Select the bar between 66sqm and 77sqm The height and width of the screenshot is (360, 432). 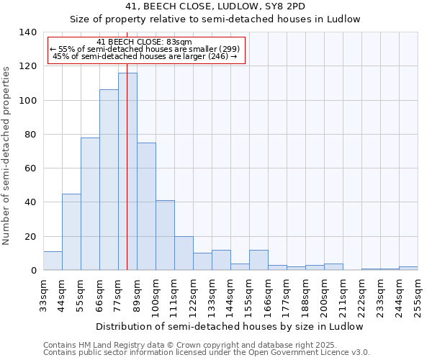[x=109, y=180]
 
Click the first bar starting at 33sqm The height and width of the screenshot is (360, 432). [x=53, y=261]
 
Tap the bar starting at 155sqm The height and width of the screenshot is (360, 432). [x=258, y=260]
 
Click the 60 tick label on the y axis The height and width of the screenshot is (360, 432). [x=30, y=168]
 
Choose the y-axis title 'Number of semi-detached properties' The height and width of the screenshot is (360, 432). [x=7, y=155]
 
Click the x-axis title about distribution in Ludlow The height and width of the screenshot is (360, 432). [x=229, y=326]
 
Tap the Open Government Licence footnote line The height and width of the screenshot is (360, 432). [x=206, y=352]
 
